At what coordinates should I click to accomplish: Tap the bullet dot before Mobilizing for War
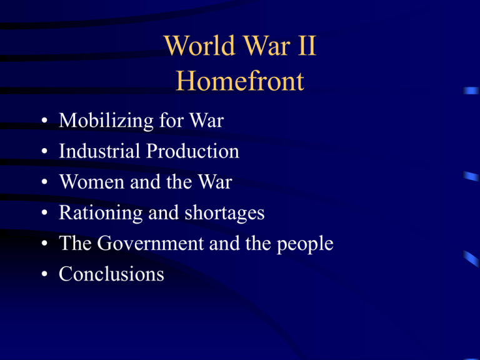click(40, 122)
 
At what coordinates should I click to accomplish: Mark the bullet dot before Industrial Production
click(40, 152)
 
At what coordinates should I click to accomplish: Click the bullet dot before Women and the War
click(40, 183)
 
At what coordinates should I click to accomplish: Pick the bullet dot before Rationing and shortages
click(40, 214)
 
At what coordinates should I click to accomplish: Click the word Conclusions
click(111, 274)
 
